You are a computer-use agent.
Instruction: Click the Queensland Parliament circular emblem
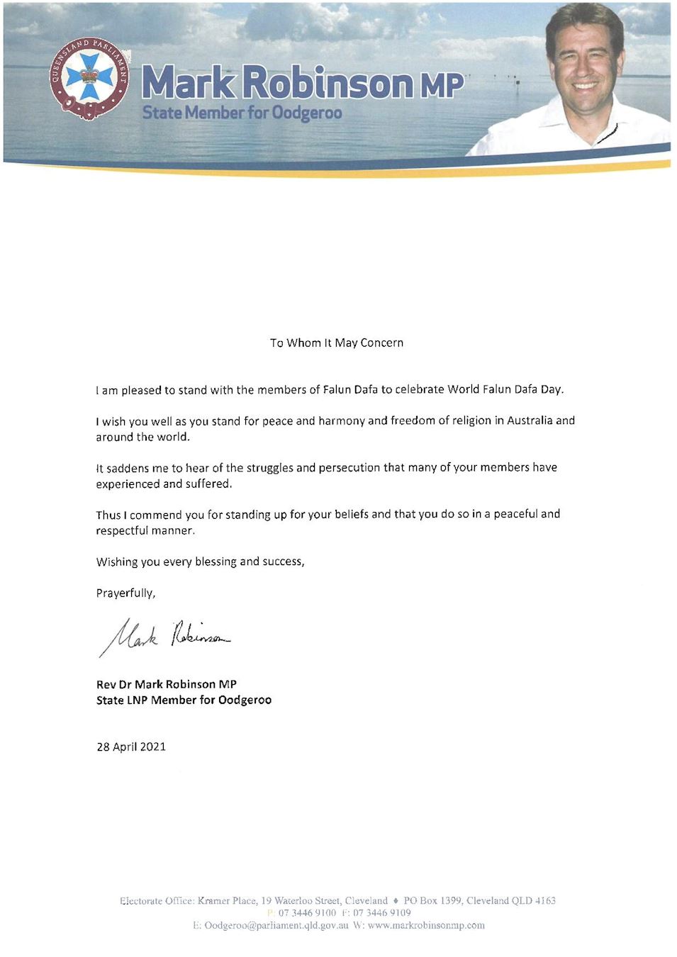[x=89, y=77]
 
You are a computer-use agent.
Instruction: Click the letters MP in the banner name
[x=442, y=85]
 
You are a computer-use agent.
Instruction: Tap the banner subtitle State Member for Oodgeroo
[x=242, y=113]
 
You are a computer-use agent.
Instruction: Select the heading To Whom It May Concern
[x=337, y=343]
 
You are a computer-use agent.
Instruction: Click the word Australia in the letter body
[x=530, y=420]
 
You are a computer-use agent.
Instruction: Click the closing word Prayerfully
[x=125, y=593]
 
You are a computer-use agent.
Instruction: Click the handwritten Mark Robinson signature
[x=165, y=635]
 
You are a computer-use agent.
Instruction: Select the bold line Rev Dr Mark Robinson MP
[x=167, y=684]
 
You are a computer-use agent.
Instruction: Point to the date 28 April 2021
[x=131, y=746]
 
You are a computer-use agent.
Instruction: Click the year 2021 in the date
[x=152, y=746]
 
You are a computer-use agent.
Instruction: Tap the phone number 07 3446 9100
[x=307, y=912]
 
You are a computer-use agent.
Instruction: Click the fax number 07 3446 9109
[x=381, y=912]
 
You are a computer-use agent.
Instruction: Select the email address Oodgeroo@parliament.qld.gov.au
[x=276, y=925]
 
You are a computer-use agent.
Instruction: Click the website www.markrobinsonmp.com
[x=426, y=925]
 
